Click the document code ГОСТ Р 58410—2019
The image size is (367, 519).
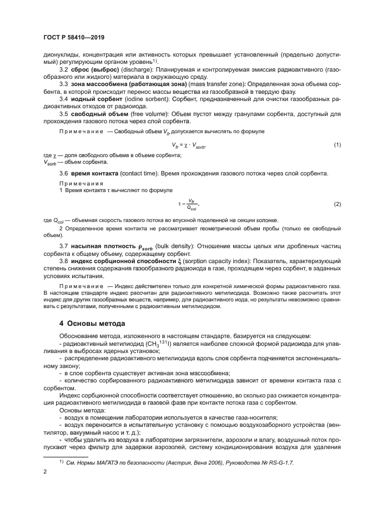pos(73,37)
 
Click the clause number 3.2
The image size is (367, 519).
pos(64,70)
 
